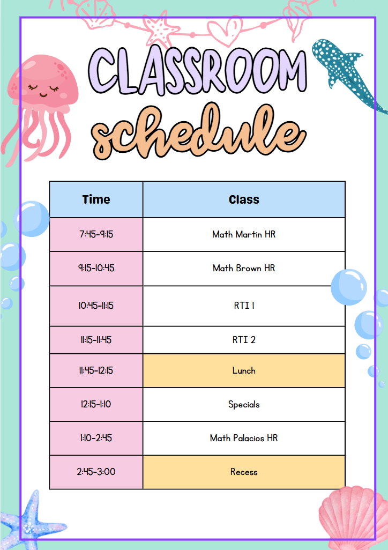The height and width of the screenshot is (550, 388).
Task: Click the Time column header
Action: pyautogui.click(x=96, y=199)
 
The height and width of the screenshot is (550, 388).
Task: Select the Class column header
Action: pyautogui.click(x=244, y=199)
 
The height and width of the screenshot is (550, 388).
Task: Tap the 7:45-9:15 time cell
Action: pyautogui.click(x=96, y=234)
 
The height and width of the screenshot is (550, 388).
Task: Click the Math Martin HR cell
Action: pyautogui.click(x=244, y=234)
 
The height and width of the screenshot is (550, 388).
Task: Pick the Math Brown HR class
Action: pyautogui.click(x=244, y=269)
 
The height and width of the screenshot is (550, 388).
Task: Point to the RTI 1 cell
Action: pyautogui.click(x=244, y=306)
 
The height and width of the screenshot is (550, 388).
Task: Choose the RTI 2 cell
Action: pyautogui.click(x=244, y=340)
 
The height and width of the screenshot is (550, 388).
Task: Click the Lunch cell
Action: pyautogui.click(x=244, y=371)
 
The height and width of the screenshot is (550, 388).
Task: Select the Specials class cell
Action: pyautogui.click(x=244, y=404)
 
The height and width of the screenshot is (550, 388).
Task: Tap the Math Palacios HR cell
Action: pyautogui.click(x=244, y=438)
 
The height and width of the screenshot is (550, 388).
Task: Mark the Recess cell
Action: pyautogui.click(x=244, y=472)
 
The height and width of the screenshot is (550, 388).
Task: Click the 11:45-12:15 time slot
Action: pyautogui.click(x=96, y=371)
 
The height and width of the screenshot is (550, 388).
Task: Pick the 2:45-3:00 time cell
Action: pyautogui.click(x=96, y=472)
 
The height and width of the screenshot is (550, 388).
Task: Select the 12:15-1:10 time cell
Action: pyautogui.click(x=96, y=404)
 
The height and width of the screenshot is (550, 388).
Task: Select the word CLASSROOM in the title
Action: pyautogui.click(x=198, y=70)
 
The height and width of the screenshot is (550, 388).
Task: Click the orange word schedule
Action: pyautogui.click(x=198, y=131)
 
